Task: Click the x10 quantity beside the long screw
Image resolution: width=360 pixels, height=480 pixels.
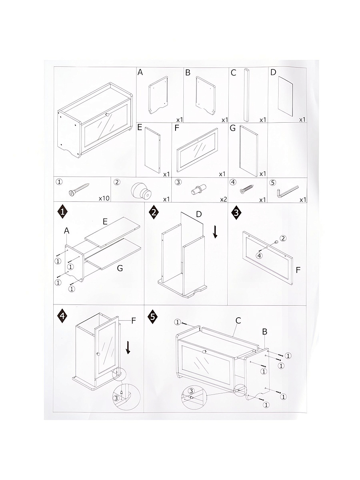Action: (x=104, y=198)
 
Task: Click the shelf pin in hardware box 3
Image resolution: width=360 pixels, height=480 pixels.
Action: (x=199, y=189)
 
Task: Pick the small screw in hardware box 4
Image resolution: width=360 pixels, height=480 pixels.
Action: (x=247, y=189)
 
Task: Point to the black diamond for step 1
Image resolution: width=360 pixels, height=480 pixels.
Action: (x=63, y=211)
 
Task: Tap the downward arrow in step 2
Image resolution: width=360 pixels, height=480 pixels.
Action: (x=215, y=232)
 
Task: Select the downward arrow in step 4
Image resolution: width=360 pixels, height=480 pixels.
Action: (x=128, y=348)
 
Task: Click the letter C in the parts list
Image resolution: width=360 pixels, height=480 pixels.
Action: (x=234, y=73)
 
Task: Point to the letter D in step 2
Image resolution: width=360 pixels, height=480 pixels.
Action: (x=199, y=214)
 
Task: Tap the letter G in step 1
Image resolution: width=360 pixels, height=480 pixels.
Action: (x=120, y=268)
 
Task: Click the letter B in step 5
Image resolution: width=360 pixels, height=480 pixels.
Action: (x=264, y=332)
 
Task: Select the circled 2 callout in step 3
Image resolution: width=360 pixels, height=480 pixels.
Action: (x=283, y=238)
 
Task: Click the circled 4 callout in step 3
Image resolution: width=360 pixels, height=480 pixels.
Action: (x=259, y=255)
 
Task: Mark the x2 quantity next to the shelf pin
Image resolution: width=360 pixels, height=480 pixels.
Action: (x=223, y=199)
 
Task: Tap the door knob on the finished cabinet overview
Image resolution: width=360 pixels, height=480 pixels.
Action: (x=107, y=115)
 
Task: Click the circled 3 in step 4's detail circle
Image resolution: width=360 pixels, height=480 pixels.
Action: (x=116, y=398)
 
